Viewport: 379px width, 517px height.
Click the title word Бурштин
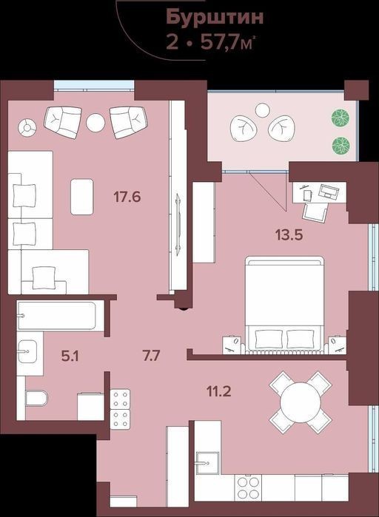pos(215,17)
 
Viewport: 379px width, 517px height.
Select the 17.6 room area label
pos(127,197)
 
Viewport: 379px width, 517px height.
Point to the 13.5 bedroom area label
pos(289,235)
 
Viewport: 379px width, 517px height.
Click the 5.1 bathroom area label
pos(70,356)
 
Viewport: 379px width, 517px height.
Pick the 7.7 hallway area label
pos(151,356)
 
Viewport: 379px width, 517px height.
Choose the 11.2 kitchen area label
pos(218,391)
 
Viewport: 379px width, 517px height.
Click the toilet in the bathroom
pos(36,399)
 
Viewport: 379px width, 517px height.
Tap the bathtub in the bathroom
pos(57,316)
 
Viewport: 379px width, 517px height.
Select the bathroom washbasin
pos(27,352)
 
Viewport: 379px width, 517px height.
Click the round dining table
pos(301,402)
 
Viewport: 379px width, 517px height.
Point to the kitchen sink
pos(207,462)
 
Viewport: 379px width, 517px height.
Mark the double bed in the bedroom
pos(284,305)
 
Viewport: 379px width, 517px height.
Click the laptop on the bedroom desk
pos(329,192)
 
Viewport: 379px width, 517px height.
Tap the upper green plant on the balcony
pos(341,118)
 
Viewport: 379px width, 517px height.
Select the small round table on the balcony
pos(263,110)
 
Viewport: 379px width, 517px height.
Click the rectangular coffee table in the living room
pos(82,197)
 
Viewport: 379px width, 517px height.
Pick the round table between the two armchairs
pos(95,123)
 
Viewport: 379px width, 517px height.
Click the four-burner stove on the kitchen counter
pos(249,487)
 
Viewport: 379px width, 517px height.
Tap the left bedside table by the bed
pos(232,345)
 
